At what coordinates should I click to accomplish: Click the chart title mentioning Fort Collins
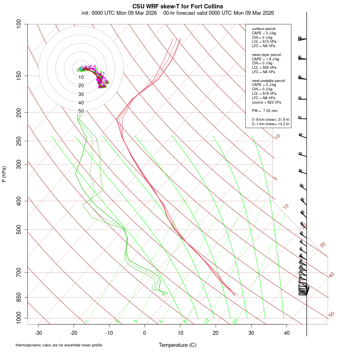point(178,6)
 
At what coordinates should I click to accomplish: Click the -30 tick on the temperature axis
point(38,333)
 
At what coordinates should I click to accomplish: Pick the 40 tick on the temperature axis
point(286,333)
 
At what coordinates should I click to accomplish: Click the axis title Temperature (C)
point(178,345)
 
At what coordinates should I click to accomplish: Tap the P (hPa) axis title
point(4,174)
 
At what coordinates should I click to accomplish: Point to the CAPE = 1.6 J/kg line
point(265,59)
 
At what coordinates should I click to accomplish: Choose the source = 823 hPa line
point(266,102)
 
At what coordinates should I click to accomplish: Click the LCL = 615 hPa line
point(264,41)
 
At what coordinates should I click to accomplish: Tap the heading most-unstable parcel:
point(268,81)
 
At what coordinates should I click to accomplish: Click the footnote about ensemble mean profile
point(59,345)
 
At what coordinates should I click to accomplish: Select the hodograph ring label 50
point(81,111)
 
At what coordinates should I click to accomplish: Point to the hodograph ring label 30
point(81,94)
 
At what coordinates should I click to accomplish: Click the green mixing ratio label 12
point(207,321)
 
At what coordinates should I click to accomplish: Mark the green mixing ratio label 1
point(87,322)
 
